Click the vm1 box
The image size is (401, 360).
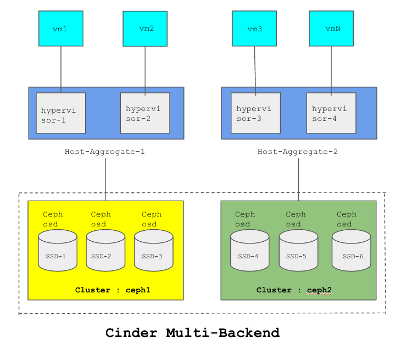click(x=60, y=29)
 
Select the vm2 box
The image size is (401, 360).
click(x=145, y=29)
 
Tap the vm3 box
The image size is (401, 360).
click(x=254, y=29)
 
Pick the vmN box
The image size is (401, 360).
click(x=331, y=29)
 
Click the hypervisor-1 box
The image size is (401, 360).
click(x=60, y=113)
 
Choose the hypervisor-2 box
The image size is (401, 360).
click(x=145, y=113)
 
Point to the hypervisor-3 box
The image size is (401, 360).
click(x=255, y=113)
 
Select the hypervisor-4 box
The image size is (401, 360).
click(x=331, y=113)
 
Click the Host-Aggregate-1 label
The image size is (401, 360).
click(x=105, y=152)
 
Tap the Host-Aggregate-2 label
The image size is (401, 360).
click(x=298, y=152)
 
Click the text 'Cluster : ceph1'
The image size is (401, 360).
click(x=113, y=290)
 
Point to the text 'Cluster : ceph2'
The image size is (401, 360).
click(x=294, y=290)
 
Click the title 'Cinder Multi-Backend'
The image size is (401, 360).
click(x=192, y=333)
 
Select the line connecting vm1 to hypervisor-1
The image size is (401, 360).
click(x=60, y=69)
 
